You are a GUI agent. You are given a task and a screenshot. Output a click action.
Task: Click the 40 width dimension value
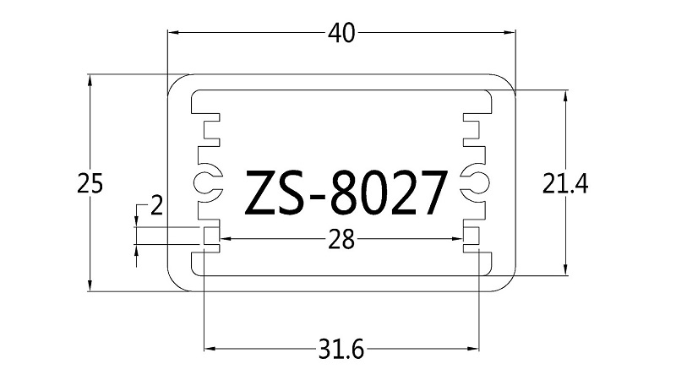coord(341,33)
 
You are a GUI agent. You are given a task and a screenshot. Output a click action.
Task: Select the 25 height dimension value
coord(90,183)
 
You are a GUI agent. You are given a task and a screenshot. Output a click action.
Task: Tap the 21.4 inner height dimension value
coord(564,183)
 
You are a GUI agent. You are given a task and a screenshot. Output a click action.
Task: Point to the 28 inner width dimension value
coord(341,240)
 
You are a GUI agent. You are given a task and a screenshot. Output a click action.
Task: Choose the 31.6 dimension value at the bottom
coord(341,349)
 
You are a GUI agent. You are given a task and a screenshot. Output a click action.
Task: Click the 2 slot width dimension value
coord(156,205)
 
